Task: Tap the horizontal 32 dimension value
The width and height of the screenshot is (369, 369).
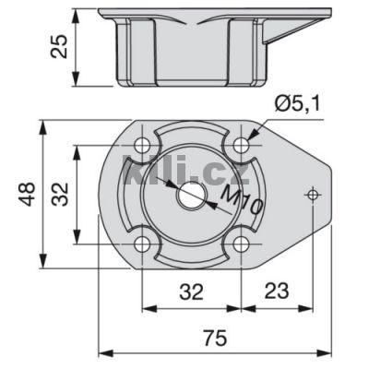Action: [x=191, y=292]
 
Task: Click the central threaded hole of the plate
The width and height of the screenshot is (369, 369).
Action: [x=191, y=194]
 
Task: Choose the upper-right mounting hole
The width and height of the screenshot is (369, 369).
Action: [x=241, y=145]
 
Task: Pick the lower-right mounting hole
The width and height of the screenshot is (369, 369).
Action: [x=241, y=244]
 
